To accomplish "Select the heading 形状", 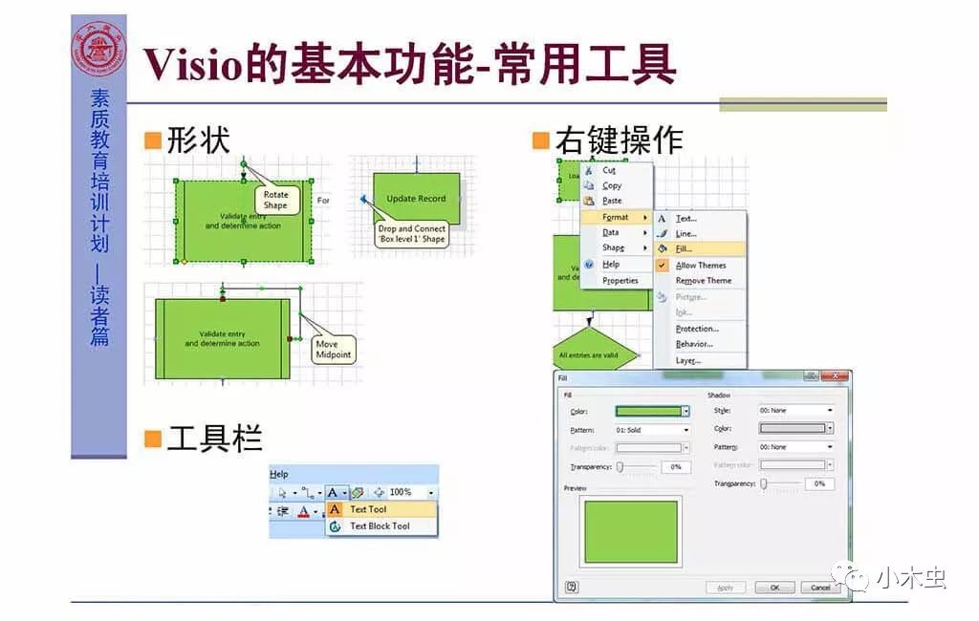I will coord(198,140).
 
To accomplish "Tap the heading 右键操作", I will coord(618,140).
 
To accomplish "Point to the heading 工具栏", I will coord(213,439).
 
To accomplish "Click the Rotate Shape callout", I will coord(275,200).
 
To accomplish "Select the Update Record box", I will coord(416,199).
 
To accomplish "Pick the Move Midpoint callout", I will coord(334,350).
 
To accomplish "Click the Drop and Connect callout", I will coord(411,234).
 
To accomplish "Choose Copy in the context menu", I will coord(612,185).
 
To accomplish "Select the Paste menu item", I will coord(612,201).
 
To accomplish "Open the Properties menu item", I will coord(620,281).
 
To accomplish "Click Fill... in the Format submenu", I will coord(685,249).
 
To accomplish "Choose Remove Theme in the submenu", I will coord(704,281).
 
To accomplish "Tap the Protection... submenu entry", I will coord(697,329).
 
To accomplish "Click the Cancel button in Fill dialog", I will coord(820,588).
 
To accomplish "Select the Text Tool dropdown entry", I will coord(368,509).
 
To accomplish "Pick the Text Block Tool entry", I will coord(380,526).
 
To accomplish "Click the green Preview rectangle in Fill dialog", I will coord(631,531).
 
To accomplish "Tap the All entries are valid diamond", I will coord(588,355).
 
